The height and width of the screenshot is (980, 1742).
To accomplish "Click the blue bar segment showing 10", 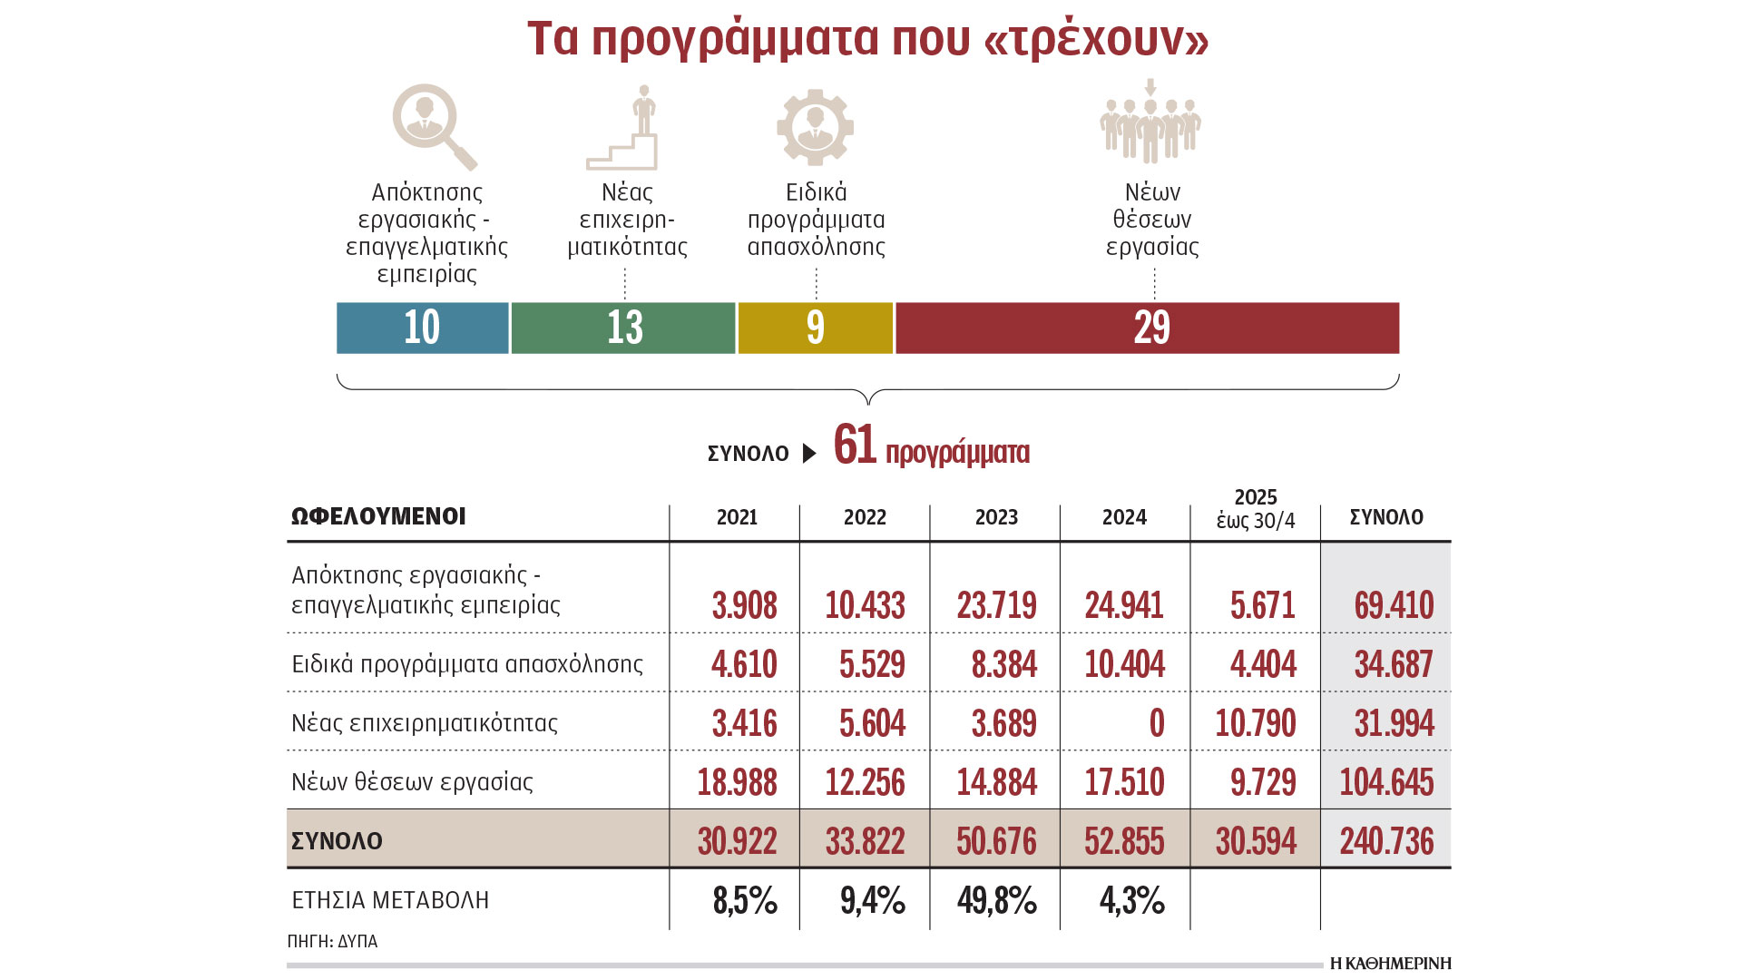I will coord(422,328).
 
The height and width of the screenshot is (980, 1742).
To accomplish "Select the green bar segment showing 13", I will coord(623,328).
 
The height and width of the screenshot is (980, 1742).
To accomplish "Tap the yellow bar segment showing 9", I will coord(815,328).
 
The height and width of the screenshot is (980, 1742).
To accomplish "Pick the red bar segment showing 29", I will coord(1148,328).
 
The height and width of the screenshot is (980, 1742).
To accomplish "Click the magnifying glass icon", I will coord(433,125).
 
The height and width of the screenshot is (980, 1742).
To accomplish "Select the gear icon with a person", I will coord(815,127).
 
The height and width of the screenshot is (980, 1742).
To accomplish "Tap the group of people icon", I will coord(1150,124).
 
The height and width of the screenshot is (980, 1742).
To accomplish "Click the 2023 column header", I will coord(996,517).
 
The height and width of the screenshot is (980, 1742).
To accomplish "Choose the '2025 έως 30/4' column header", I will coord(1256,509).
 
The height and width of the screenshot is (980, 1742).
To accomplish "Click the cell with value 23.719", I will coord(996,605).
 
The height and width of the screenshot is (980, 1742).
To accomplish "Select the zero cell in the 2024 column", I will coord(1156,723).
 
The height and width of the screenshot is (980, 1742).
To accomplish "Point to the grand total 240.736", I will coord(1386,841).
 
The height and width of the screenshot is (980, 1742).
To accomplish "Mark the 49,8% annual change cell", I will coord(996,900).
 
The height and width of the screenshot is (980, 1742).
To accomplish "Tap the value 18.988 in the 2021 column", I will coord(737,782).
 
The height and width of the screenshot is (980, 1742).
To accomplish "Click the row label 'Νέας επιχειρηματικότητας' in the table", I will coord(424,723).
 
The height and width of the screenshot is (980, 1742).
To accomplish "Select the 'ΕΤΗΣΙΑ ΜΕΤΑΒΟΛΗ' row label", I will coord(390,900).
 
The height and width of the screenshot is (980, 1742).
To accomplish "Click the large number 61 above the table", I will coord(855,445).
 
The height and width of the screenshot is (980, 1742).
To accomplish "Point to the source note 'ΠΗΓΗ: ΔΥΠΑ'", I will coord(332,942).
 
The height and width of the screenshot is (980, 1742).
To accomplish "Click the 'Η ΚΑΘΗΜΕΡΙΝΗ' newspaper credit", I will coord(1390,964).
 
